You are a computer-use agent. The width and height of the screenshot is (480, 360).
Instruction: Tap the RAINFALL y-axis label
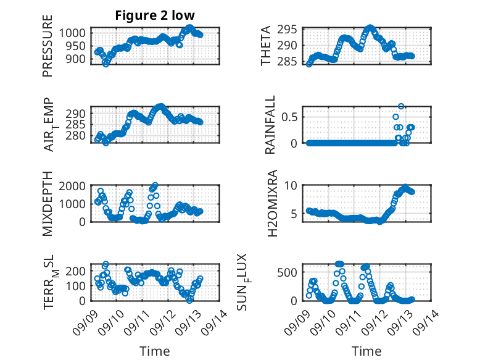pos(270,125)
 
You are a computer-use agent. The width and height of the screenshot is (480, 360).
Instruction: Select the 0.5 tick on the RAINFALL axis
pos(291,116)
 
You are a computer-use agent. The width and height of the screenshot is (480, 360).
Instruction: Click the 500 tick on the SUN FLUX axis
pos(291,272)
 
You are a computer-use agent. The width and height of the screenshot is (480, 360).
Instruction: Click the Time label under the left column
pos(154,351)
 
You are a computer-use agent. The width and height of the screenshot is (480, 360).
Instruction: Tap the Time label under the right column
pos(366,351)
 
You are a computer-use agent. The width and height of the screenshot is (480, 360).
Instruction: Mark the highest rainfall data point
pos(401,106)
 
